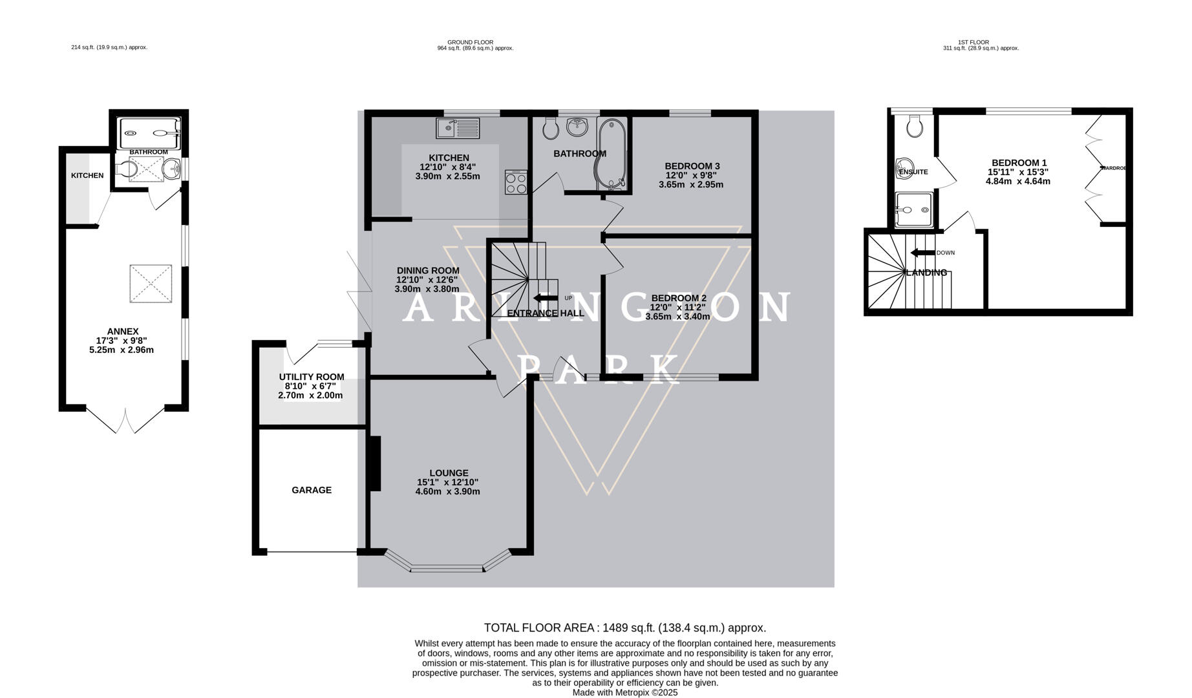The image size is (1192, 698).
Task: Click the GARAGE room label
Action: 311,490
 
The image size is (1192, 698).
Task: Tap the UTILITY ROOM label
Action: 311,377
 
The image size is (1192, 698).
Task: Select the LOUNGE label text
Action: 449,473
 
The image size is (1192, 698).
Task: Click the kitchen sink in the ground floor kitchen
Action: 458,128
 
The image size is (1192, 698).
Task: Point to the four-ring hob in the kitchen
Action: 516,182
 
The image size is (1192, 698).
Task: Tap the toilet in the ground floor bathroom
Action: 551,129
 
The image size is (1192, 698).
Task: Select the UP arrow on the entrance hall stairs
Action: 546,298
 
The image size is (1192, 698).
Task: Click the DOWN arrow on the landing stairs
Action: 923,253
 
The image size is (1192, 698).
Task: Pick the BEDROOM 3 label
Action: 692,166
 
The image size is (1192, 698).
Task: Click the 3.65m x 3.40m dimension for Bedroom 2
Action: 677,317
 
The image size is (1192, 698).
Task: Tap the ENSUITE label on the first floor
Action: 913,172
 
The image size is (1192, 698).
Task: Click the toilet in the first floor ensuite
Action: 914,127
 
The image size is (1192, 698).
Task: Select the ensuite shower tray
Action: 913,210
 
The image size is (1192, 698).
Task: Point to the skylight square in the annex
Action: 151,283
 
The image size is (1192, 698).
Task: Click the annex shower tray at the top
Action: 149,133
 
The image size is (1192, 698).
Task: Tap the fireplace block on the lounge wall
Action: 374,464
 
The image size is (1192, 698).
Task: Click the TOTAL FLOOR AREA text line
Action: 624,628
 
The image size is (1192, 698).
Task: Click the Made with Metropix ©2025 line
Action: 624,692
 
